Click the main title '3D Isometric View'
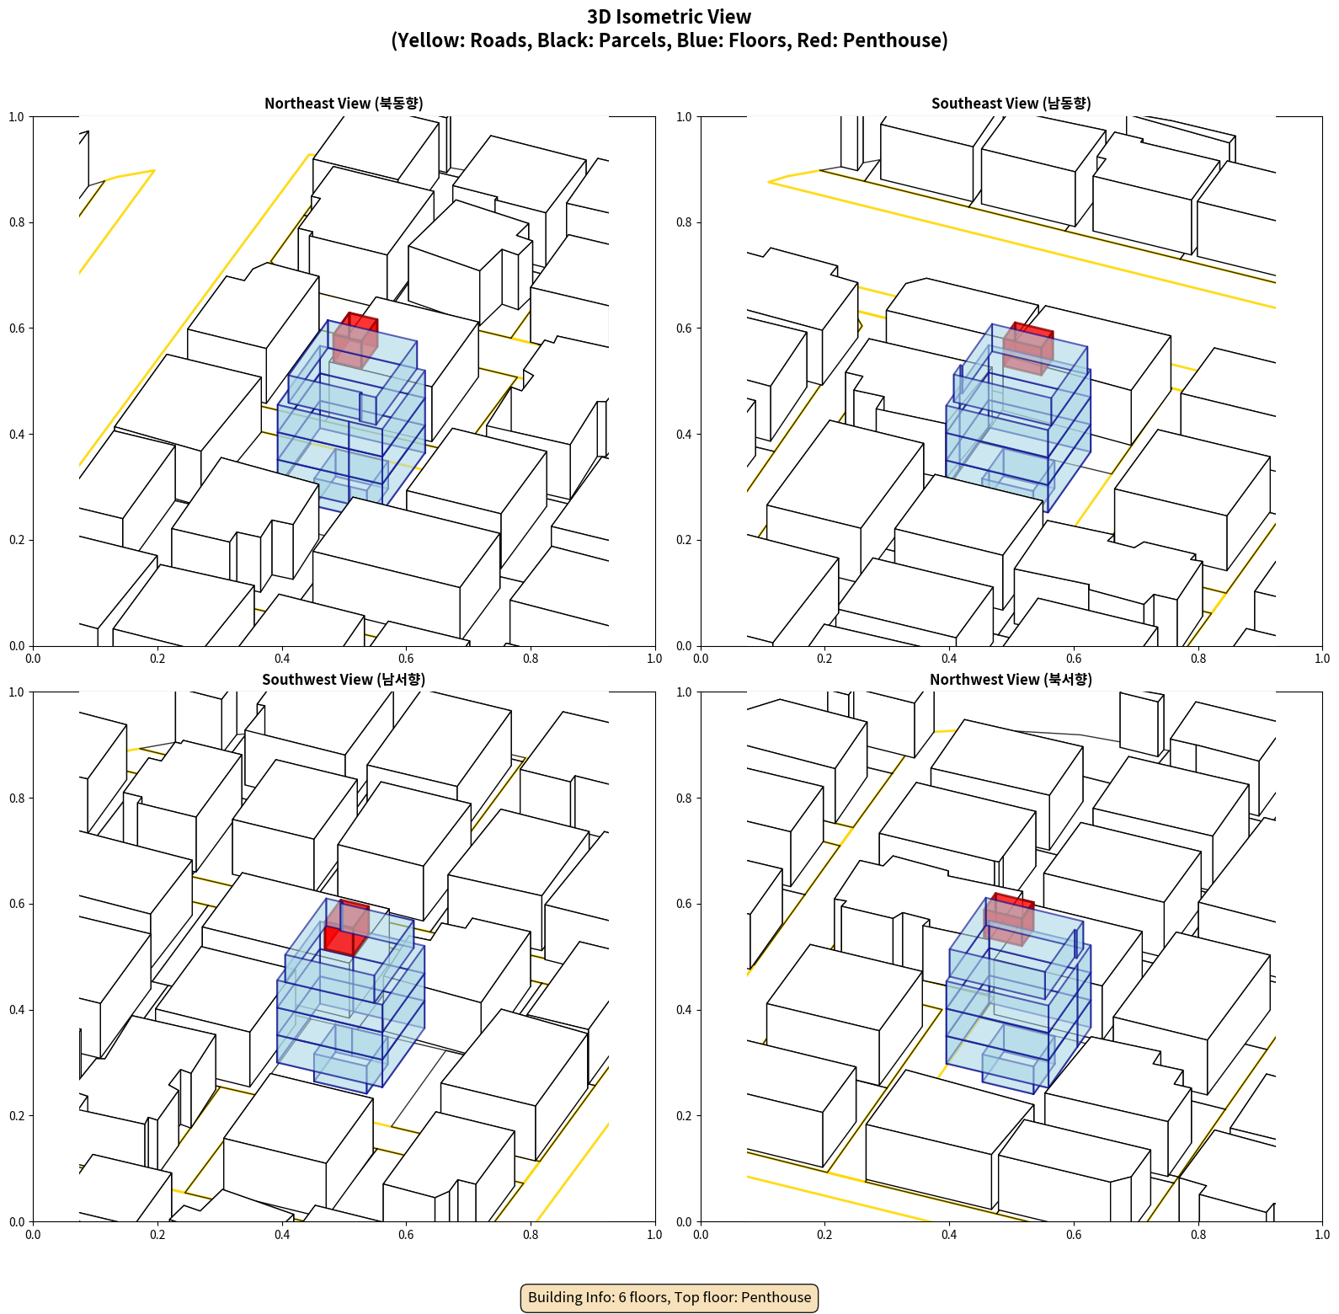click(x=669, y=17)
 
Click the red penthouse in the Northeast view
click(x=355, y=340)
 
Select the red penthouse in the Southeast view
click(x=1028, y=348)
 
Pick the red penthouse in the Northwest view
click(x=1009, y=919)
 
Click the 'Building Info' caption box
click(x=669, y=1297)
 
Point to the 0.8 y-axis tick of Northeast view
click(x=17, y=222)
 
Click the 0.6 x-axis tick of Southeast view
click(x=1074, y=658)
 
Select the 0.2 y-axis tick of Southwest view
click(x=17, y=1115)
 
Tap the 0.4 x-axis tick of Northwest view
click(x=949, y=1234)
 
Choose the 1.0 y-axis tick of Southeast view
click(x=685, y=116)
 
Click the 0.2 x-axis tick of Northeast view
click(x=157, y=658)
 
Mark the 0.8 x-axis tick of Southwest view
click(x=531, y=1234)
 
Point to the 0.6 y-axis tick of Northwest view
click(x=685, y=904)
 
